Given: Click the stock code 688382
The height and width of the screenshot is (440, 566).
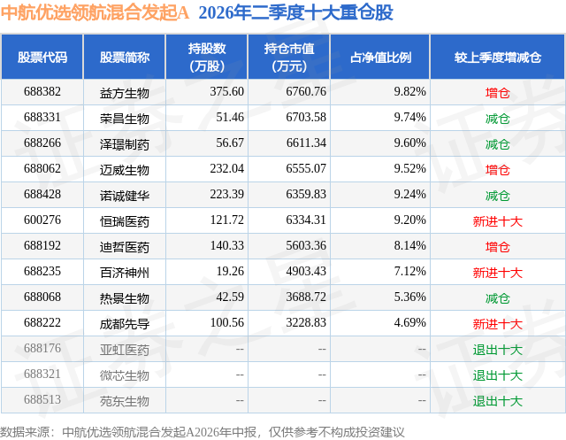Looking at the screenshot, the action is pyautogui.click(x=42, y=92).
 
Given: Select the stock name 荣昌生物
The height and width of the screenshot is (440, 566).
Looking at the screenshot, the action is pyautogui.click(x=125, y=118).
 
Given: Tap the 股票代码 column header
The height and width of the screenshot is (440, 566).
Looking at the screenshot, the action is pyautogui.click(x=42, y=57).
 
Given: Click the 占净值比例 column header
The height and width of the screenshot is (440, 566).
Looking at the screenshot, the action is pyautogui.click(x=380, y=57).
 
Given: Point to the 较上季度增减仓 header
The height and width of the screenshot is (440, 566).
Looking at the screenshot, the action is pyautogui.click(x=498, y=57).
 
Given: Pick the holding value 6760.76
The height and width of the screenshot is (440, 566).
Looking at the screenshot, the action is pyautogui.click(x=306, y=92).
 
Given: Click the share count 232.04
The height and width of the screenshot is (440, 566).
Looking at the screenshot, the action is pyautogui.click(x=227, y=169).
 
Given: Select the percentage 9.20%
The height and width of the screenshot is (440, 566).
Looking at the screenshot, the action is pyautogui.click(x=410, y=220).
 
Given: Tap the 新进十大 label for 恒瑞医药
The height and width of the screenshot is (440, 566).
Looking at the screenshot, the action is pyautogui.click(x=498, y=221).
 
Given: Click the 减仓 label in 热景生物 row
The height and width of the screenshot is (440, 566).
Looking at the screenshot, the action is pyautogui.click(x=498, y=298).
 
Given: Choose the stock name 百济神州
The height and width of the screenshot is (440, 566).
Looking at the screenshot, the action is pyautogui.click(x=125, y=273).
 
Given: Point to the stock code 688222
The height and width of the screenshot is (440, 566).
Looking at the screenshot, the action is pyautogui.click(x=42, y=322).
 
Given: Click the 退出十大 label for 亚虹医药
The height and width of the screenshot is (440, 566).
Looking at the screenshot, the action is pyautogui.click(x=498, y=350).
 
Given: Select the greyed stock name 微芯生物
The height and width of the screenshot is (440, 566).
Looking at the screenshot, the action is pyautogui.click(x=125, y=375).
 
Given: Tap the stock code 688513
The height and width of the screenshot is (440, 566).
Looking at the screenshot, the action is pyautogui.click(x=42, y=399).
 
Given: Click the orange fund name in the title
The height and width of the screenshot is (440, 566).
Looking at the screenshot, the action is pyautogui.click(x=95, y=12).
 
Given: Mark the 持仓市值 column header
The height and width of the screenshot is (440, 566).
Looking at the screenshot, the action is pyautogui.click(x=289, y=57).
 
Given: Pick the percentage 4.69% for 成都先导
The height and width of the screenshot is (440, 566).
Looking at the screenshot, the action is pyautogui.click(x=410, y=322).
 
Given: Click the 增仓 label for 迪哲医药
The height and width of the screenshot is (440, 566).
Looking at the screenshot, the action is pyautogui.click(x=498, y=247).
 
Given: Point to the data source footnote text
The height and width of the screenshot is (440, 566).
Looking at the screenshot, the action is pyautogui.click(x=203, y=432).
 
